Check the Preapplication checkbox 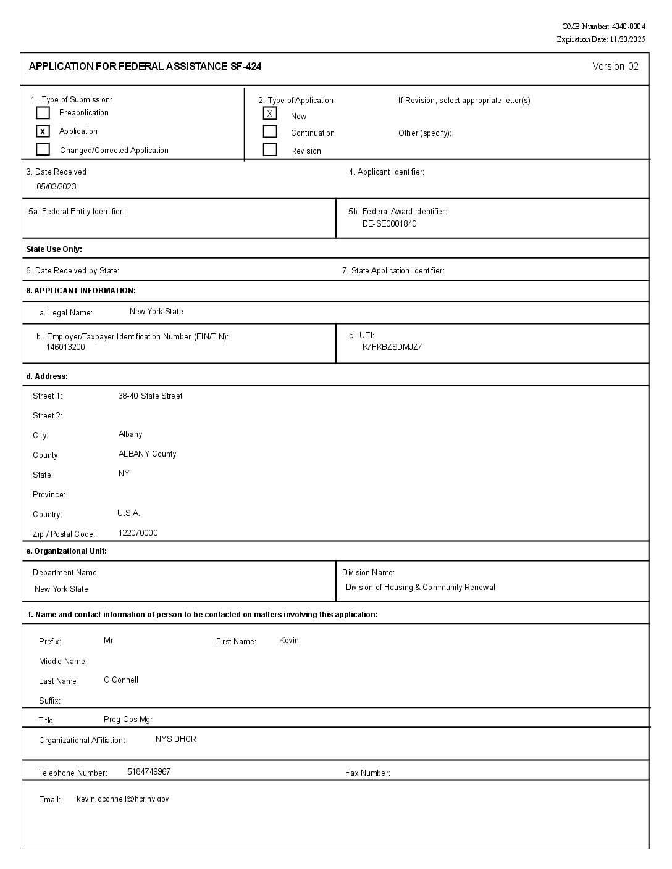tap(43, 113)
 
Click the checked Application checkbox tap(43, 131)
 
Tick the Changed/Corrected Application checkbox tap(43, 149)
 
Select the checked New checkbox tap(270, 114)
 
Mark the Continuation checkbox tap(270, 131)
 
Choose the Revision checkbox tap(270, 149)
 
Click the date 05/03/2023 tap(56, 186)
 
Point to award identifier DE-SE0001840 tap(389, 223)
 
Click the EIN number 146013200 tap(65, 347)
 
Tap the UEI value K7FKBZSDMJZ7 tap(392, 347)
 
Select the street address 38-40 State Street tap(150, 396)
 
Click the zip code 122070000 tap(138, 533)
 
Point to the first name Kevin tap(289, 641)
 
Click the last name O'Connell tap(121, 680)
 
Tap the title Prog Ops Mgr tap(128, 720)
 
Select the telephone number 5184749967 tap(149, 772)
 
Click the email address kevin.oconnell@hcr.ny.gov tap(122, 799)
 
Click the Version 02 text tap(615, 67)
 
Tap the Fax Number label tap(367, 773)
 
